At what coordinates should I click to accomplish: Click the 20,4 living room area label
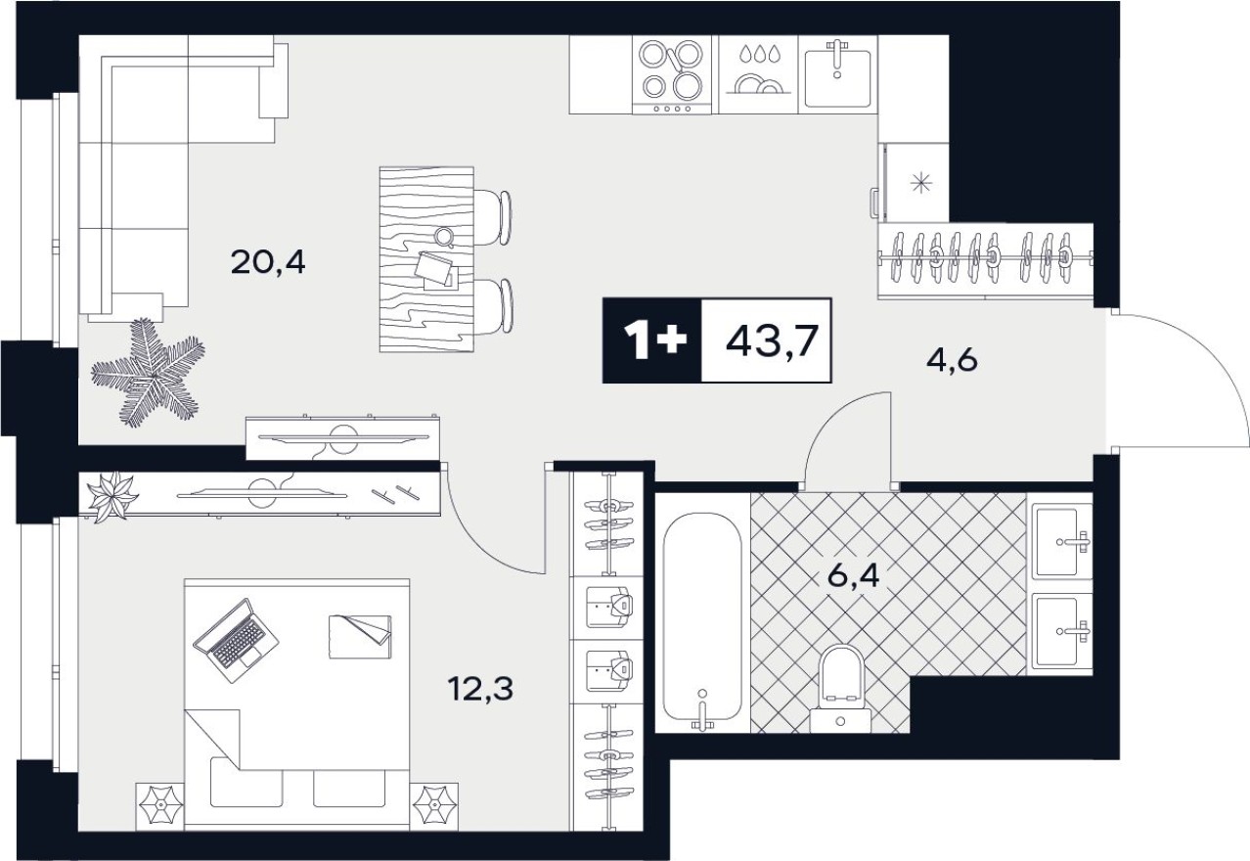(x=268, y=261)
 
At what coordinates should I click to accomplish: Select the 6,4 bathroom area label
(x=854, y=574)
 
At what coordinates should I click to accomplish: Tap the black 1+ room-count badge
(x=651, y=341)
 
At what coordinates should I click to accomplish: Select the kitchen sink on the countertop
(x=837, y=74)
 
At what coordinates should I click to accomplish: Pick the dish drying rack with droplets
(x=757, y=74)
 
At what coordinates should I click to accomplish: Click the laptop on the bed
(x=236, y=639)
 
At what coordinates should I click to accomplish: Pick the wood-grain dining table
(x=424, y=259)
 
